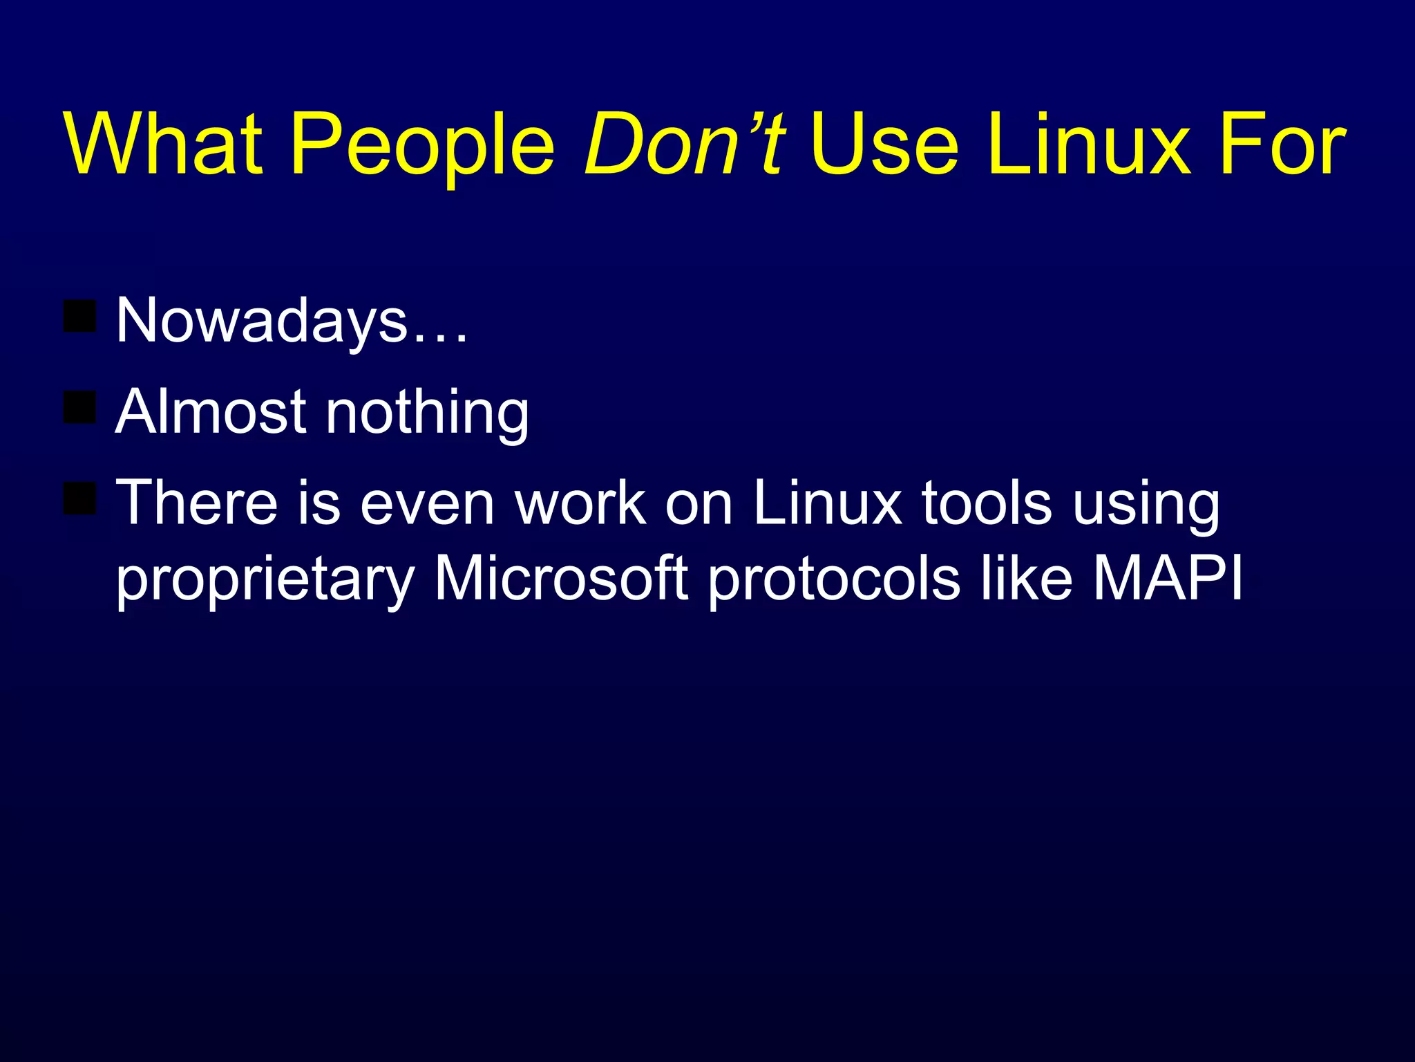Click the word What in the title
click(164, 145)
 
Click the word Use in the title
click(885, 145)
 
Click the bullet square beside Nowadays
click(79, 316)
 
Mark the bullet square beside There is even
click(79, 499)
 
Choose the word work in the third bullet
click(581, 503)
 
